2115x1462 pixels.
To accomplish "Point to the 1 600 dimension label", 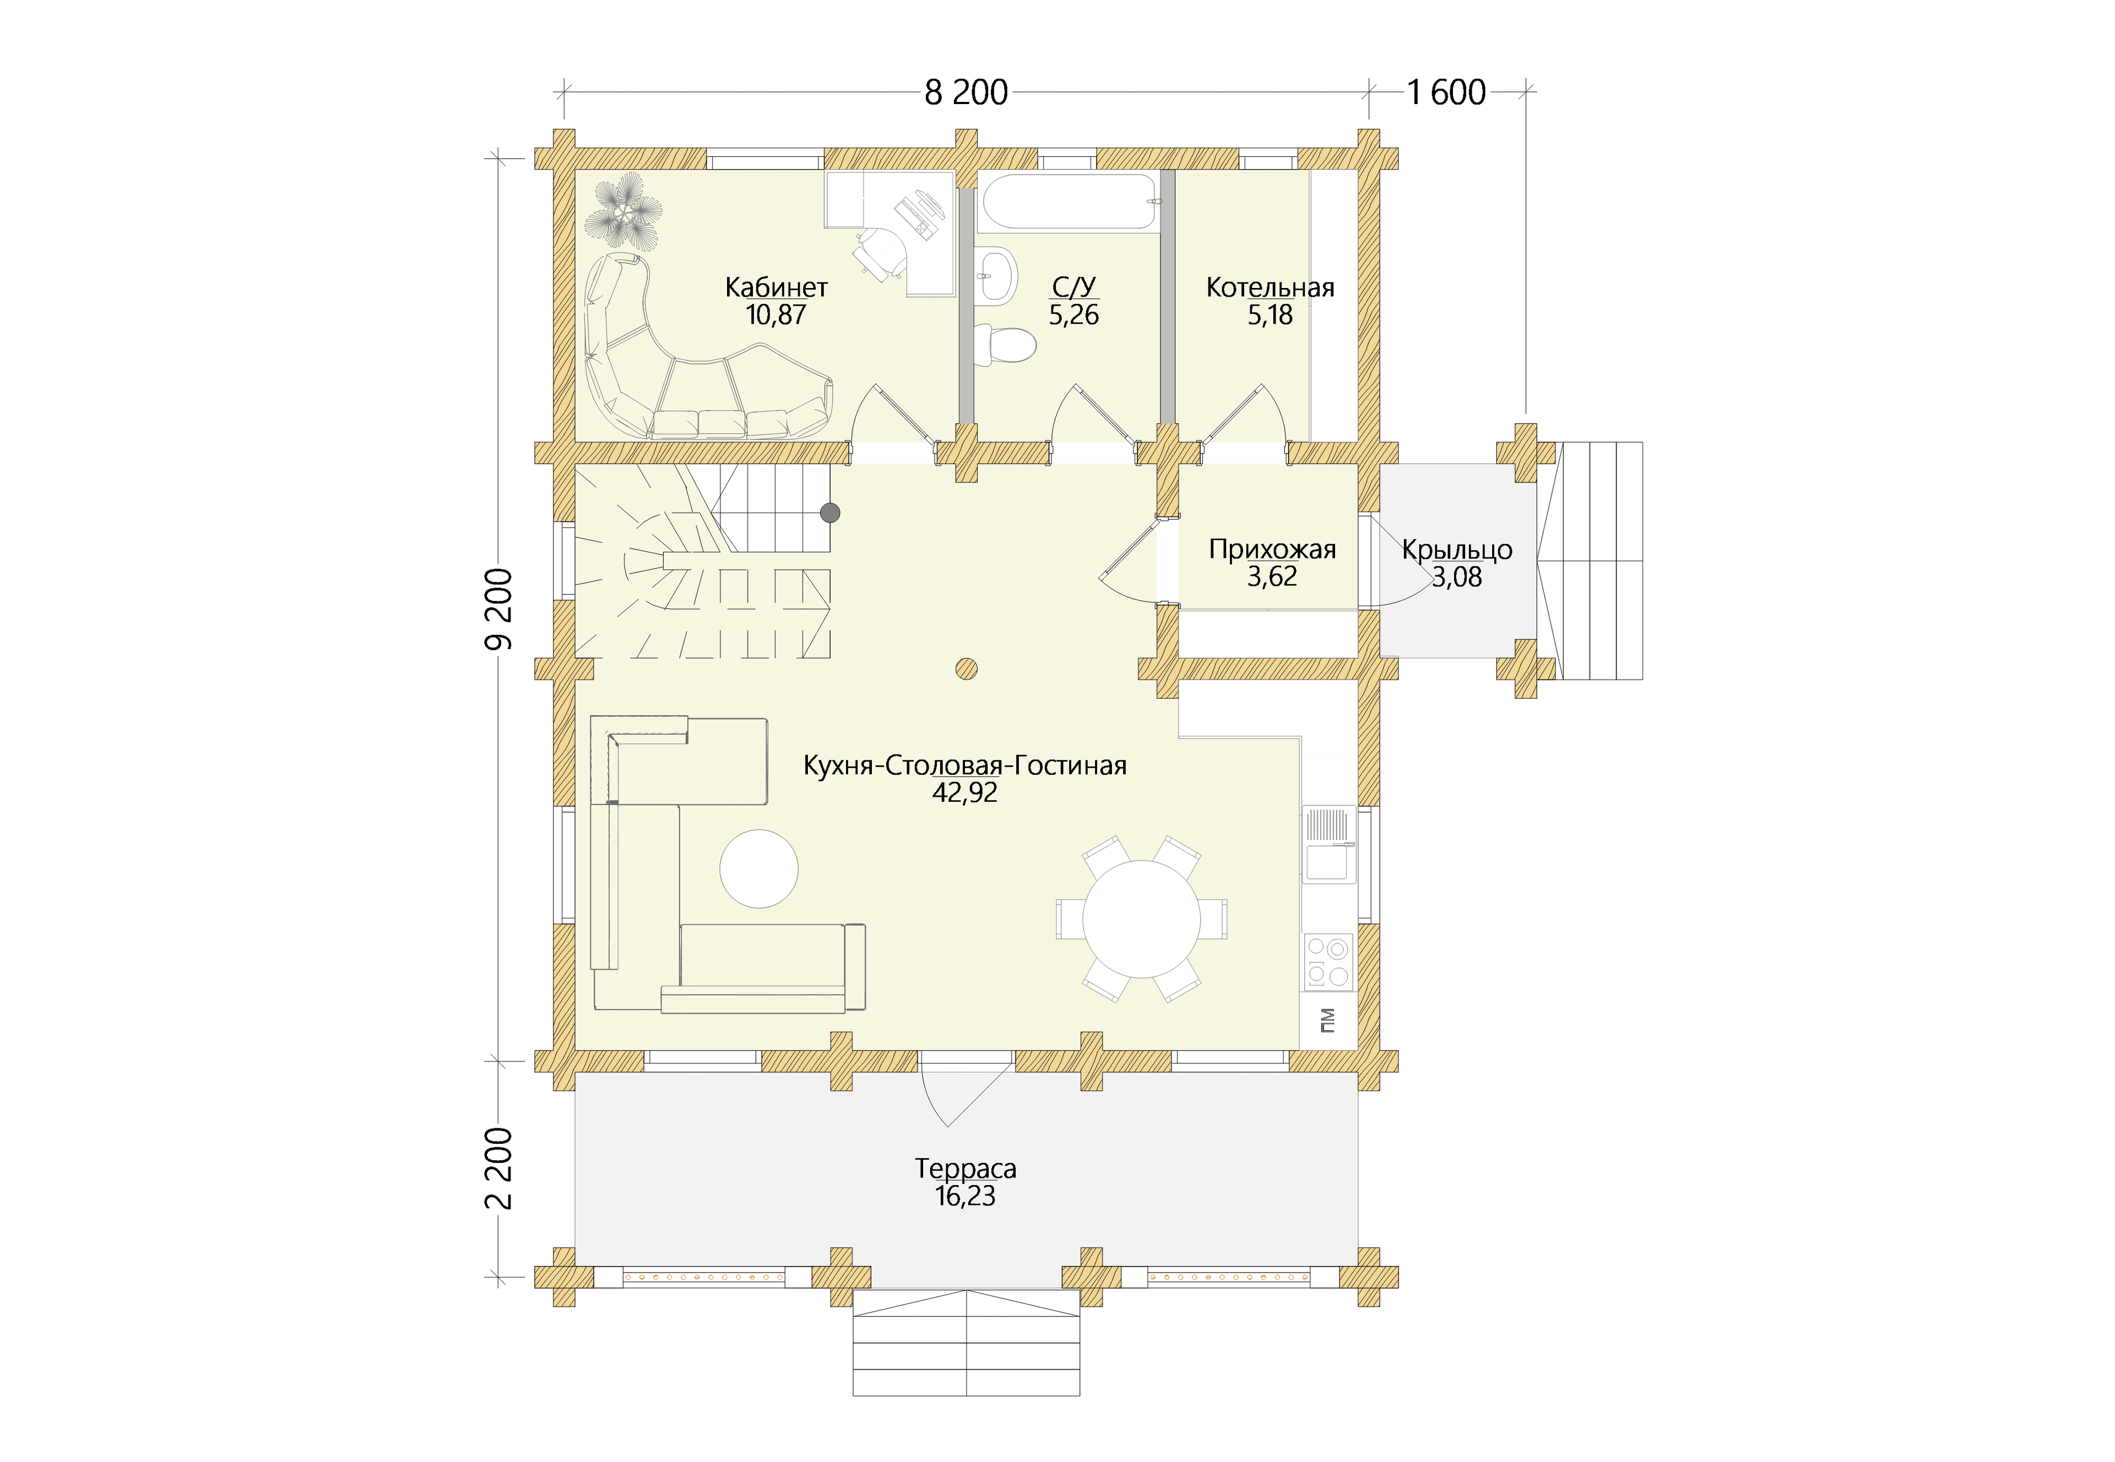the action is (x=1446, y=93).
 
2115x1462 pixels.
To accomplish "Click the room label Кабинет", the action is (x=776, y=287).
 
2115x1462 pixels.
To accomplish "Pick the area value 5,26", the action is (x=1073, y=315).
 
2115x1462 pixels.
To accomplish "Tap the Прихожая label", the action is (x=1272, y=550).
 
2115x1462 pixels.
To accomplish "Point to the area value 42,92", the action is (x=964, y=792).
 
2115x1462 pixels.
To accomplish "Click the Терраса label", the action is (x=966, y=1169).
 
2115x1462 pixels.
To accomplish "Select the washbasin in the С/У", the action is (x=996, y=274).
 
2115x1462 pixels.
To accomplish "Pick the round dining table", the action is (x=1141, y=919).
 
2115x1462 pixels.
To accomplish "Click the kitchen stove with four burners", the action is (x=1328, y=961).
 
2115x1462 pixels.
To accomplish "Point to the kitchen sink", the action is (x=1328, y=845).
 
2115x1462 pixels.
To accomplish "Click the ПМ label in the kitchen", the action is (x=1327, y=1020).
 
